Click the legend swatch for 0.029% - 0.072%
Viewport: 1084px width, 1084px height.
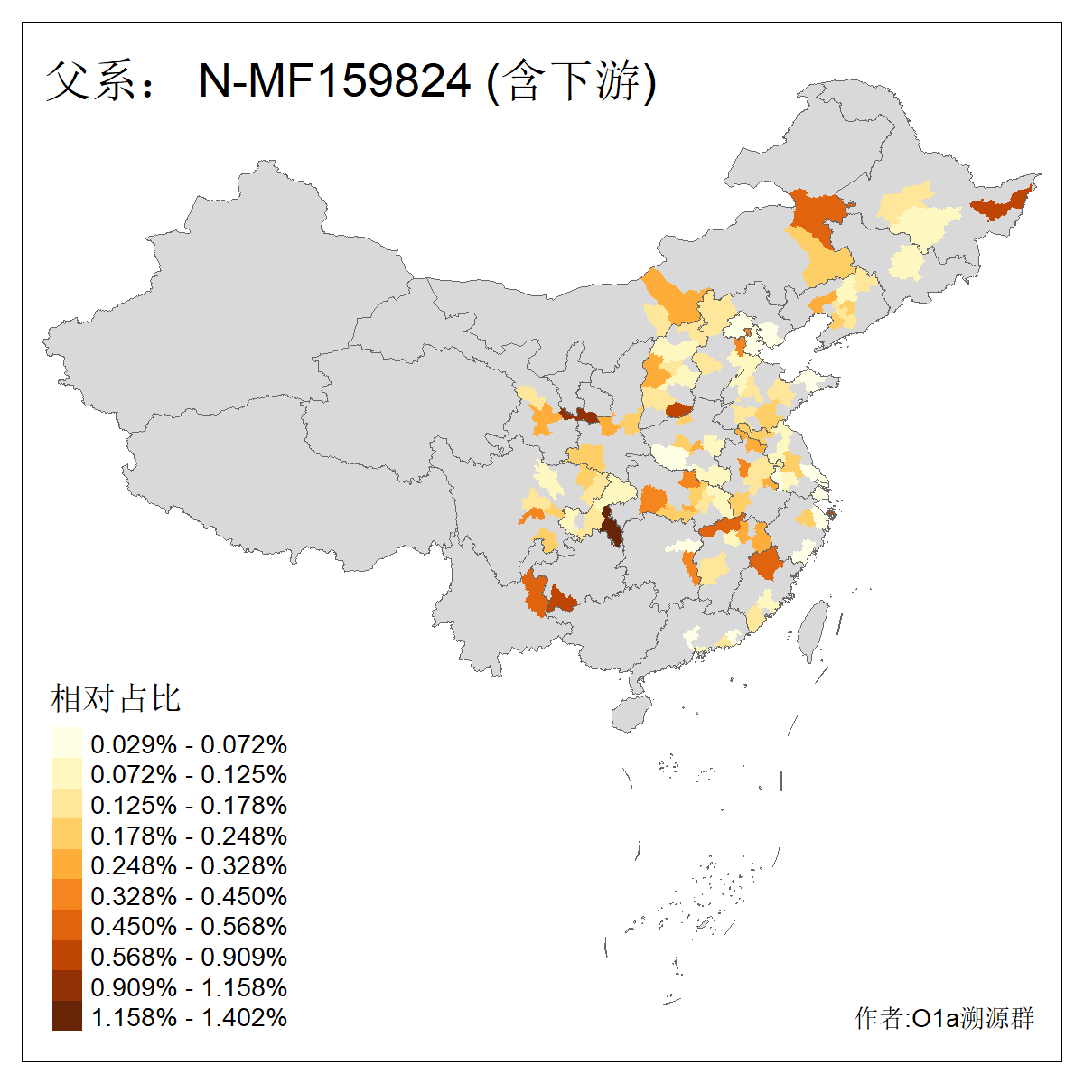point(67,744)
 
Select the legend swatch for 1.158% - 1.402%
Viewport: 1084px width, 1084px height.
point(67,1017)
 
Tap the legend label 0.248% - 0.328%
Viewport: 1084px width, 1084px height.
point(189,865)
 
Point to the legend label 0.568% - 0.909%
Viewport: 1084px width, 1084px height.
point(189,957)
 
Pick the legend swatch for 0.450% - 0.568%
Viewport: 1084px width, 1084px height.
point(67,926)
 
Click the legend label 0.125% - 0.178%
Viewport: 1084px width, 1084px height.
point(189,805)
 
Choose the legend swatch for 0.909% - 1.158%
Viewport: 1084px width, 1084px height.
point(67,987)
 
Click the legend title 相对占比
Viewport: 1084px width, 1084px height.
point(116,698)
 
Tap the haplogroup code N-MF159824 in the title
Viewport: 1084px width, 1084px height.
point(334,81)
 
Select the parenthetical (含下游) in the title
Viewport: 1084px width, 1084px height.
point(571,81)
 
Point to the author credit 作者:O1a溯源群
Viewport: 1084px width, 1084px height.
point(944,1018)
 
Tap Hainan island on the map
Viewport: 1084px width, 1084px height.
point(631,713)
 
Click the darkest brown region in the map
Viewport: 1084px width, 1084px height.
point(612,528)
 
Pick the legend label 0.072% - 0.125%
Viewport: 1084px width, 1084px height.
point(189,774)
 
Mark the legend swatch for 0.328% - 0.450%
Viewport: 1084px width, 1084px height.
point(67,896)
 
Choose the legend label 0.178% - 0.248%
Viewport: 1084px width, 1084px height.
point(189,836)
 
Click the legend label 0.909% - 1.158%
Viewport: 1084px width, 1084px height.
point(189,987)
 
